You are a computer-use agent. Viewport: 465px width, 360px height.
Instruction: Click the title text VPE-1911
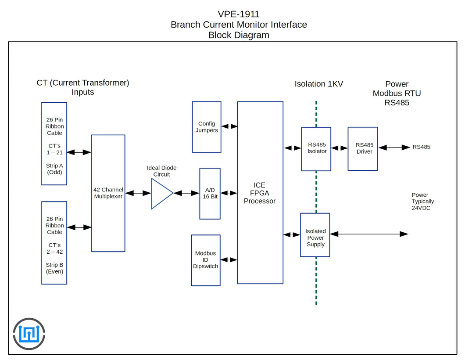tap(239, 14)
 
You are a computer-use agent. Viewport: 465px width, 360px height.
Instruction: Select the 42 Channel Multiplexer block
tap(108, 193)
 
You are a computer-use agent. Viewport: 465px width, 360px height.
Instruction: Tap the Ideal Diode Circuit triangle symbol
tap(161, 193)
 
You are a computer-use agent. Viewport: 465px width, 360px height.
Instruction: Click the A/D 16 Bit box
tap(210, 193)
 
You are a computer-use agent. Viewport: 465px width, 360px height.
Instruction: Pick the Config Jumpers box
tap(207, 127)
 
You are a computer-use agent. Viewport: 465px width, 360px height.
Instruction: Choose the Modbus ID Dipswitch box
tap(206, 260)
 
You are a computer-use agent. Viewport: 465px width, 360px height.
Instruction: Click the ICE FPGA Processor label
tap(260, 193)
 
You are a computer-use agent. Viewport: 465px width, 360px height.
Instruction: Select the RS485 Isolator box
tap(316, 149)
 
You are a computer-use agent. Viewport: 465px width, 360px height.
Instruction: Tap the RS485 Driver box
tap(362, 148)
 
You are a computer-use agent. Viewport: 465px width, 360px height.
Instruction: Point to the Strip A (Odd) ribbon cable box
tap(54, 145)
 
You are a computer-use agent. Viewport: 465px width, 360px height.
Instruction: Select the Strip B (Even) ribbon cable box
tap(54, 243)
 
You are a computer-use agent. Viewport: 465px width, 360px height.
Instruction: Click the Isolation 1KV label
tap(318, 84)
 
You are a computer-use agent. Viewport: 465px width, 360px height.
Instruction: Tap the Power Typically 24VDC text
tap(422, 202)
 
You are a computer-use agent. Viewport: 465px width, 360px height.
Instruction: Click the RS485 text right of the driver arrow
tap(421, 147)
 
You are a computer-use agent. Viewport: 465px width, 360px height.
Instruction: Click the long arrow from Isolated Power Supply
tap(368, 234)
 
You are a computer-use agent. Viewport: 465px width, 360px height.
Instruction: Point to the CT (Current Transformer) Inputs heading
tap(83, 87)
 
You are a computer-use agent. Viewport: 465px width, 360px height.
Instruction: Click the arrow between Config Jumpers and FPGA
tap(229, 126)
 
